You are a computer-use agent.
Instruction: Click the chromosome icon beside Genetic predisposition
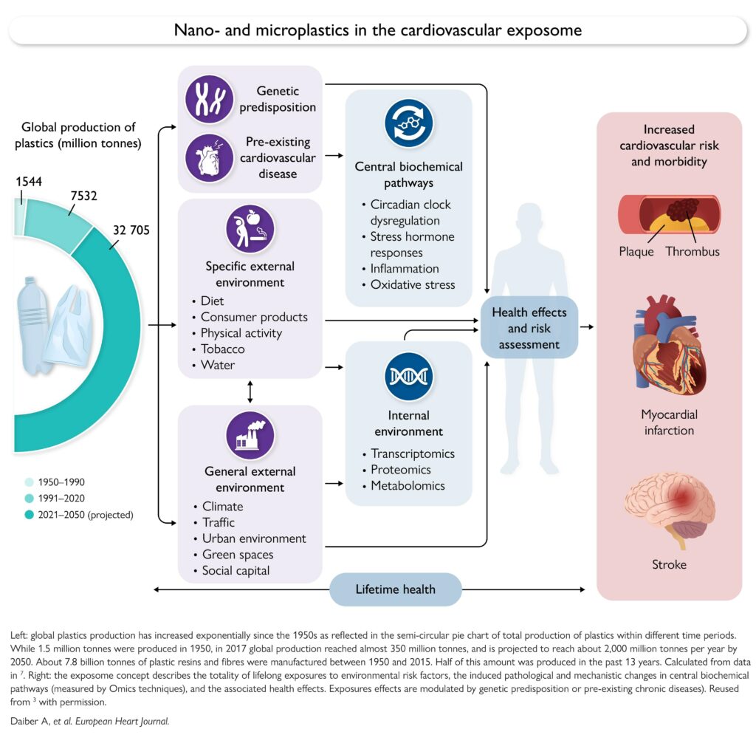(209, 99)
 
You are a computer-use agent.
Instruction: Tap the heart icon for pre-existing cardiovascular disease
(209, 158)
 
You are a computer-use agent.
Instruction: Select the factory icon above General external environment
(250, 436)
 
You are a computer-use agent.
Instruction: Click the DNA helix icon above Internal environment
(409, 377)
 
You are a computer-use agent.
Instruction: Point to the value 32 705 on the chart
(131, 230)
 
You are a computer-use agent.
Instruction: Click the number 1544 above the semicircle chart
(29, 182)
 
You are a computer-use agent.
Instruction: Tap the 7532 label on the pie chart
(84, 196)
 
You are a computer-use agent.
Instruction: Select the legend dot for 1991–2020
(29, 498)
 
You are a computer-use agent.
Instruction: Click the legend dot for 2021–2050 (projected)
(29, 515)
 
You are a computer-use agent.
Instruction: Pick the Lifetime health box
(396, 589)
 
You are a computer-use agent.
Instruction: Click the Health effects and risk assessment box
(529, 329)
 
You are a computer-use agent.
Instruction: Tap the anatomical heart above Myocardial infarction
(669, 346)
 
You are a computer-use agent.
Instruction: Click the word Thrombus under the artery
(693, 251)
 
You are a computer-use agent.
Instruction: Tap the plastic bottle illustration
(32, 325)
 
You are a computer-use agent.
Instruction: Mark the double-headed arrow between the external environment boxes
(250, 391)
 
